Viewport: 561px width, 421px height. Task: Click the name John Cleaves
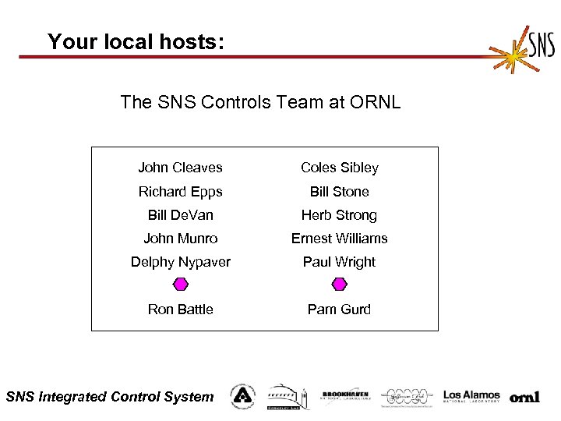[180, 168]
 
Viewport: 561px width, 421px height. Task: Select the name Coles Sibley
[340, 168]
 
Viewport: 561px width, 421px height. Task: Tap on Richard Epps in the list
[180, 192]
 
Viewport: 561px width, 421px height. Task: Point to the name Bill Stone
[339, 192]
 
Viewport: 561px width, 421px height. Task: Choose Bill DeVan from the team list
[180, 215]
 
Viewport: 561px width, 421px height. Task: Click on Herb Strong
[339, 215]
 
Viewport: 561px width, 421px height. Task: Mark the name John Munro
[180, 239]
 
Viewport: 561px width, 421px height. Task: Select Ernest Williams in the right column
[339, 239]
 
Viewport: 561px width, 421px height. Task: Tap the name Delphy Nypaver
[180, 262]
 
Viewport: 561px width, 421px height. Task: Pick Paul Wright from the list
[339, 262]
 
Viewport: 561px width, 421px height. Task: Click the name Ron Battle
[180, 310]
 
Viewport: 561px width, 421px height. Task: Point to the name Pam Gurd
[339, 310]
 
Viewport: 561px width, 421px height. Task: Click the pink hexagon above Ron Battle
[180, 285]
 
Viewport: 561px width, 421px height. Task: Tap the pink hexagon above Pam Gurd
[339, 285]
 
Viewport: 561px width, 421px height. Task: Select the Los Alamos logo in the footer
[471, 397]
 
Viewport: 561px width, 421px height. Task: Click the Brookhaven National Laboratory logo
[346, 396]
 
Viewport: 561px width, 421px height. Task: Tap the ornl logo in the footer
[524, 398]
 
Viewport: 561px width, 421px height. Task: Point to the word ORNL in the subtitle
[375, 102]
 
